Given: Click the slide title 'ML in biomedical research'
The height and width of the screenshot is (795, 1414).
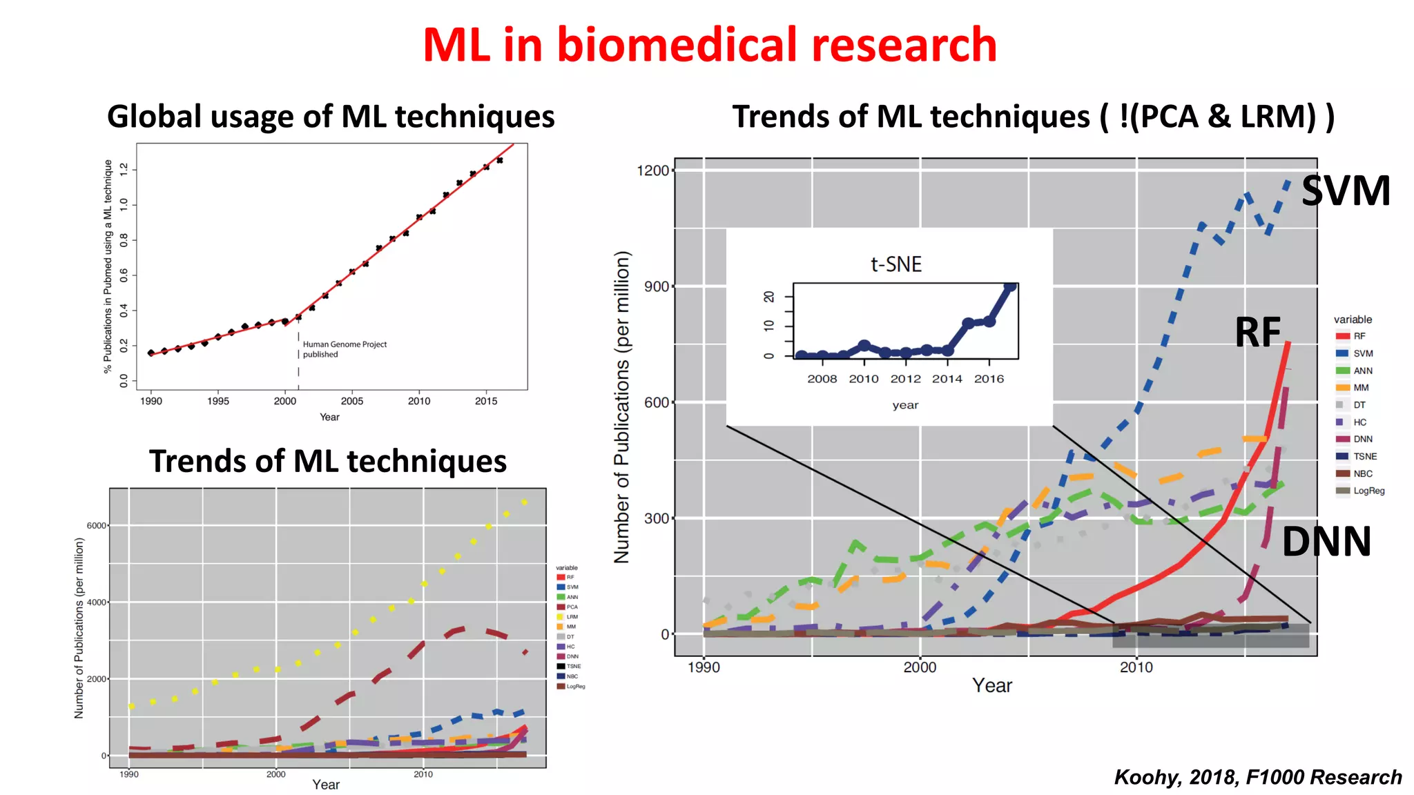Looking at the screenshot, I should pyautogui.click(x=709, y=45).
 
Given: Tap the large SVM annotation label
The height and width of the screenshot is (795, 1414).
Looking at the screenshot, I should pyautogui.click(x=1345, y=191).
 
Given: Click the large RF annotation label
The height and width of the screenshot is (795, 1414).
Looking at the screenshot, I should pyautogui.click(x=1257, y=333).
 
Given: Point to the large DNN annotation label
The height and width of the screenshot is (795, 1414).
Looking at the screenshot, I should pyautogui.click(x=1326, y=542).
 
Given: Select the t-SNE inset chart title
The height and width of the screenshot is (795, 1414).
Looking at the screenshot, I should pyautogui.click(x=895, y=264).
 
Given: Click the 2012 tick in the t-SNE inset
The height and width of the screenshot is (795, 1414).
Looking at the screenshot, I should pyautogui.click(x=905, y=379).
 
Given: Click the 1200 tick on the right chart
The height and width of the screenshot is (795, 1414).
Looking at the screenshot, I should pyautogui.click(x=652, y=170).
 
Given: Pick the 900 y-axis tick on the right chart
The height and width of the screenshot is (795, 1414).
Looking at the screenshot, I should pyautogui.click(x=656, y=286).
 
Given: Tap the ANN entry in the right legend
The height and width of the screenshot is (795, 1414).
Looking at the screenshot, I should pyautogui.click(x=1362, y=371).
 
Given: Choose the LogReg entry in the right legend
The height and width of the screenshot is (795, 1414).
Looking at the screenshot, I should pyautogui.click(x=1368, y=491).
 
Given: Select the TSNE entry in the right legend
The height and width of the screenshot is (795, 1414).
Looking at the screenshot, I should pyautogui.click(x=1364, y=456).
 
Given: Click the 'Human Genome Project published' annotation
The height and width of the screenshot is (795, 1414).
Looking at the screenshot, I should pyautogui.click(x=344, y=349).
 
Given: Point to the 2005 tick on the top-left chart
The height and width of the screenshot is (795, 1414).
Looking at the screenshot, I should pyautogui.click(x=351, y=401).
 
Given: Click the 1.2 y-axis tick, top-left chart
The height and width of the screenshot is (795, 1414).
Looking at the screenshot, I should pyautogui.click(x=124, y=169).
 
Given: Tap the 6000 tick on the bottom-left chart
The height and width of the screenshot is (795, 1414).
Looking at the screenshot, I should pyautogui.click(x=96, y=526).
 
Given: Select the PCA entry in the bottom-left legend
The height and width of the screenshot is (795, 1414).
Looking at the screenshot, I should pyautogui.click(x=572, y=607).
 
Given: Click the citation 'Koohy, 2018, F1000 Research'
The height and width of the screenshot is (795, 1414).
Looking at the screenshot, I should pyautogui.click(x=1257, y=777).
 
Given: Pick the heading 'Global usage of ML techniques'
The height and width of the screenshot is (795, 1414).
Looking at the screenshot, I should pyautogui.click(x=331, y=116).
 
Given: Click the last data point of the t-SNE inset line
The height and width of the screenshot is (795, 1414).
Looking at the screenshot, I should pyautogui.click(x=1010, y=287).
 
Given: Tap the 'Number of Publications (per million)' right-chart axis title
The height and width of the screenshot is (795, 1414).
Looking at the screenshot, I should pyautogui.click(x=622, y=407).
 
